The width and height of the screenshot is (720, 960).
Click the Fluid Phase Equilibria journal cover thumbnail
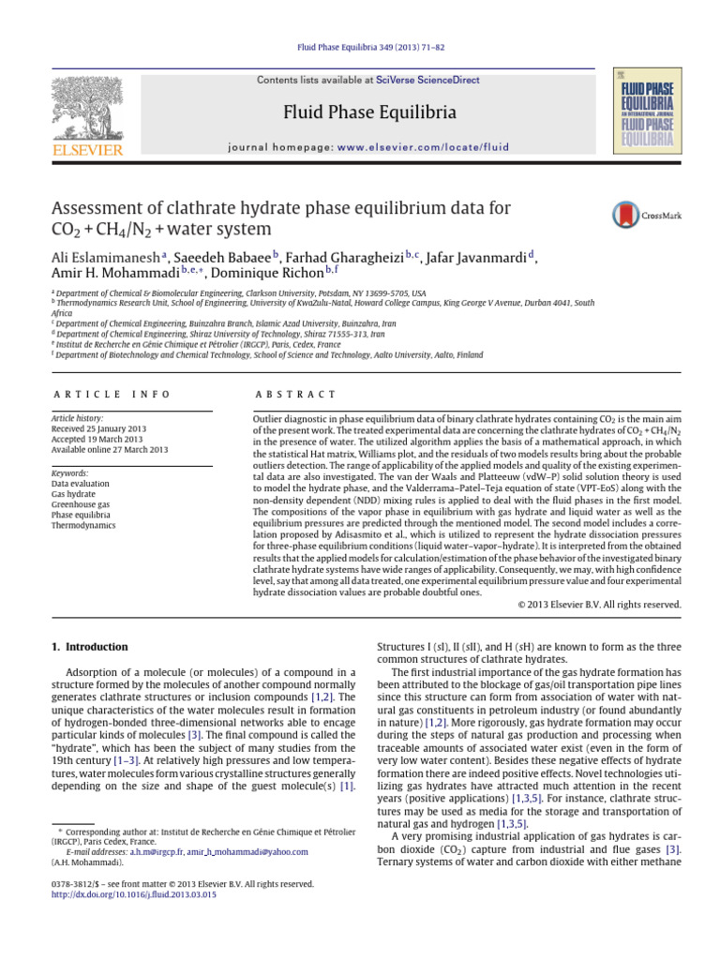tap(646, 110)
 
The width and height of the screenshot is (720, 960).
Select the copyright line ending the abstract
tap(599, 605)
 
